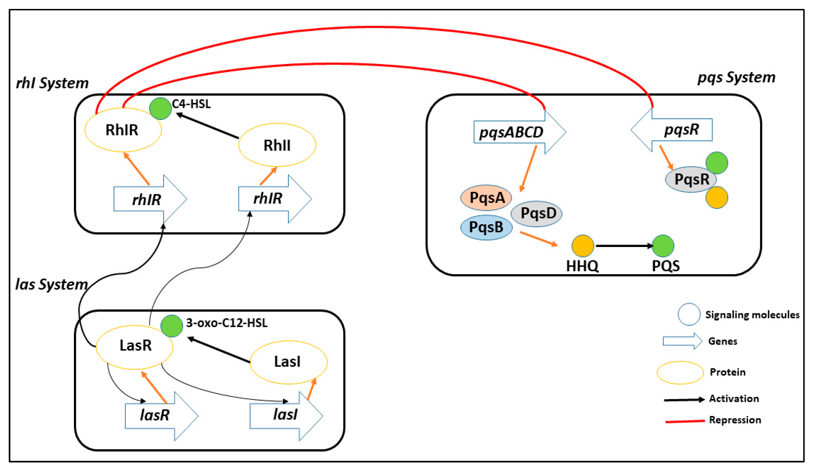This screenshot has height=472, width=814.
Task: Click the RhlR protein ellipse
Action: click(123, 130)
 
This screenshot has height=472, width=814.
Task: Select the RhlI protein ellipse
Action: click(277, 145)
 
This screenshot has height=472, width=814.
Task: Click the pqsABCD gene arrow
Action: click(514, 132)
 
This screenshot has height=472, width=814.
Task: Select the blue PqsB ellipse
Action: click(486, 227)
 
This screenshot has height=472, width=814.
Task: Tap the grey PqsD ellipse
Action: click(536, 213)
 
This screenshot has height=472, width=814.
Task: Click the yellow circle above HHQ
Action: click(583, 246)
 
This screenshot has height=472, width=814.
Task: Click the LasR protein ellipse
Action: click(134, 347)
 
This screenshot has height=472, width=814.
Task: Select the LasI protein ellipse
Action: click(288, 362)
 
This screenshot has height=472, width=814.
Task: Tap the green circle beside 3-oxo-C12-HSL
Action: click(172, 326)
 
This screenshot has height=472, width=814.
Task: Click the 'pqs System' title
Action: click(736, 78)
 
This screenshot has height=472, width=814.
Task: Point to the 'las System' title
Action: click(52, 285)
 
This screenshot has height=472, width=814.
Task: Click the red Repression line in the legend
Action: click(685, 421)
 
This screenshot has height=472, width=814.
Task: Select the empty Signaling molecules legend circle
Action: click(689, 314)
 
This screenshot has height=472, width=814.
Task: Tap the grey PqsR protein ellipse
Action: click(691, 179)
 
